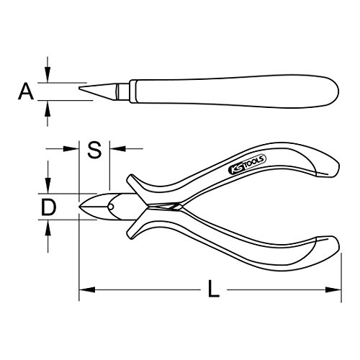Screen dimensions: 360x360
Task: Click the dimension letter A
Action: pos(26,91)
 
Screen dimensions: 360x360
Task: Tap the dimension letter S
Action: pos(93,150)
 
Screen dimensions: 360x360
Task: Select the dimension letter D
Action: pos(48,207)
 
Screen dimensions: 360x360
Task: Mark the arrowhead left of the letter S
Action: pos(73,150)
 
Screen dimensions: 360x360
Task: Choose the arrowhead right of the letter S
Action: pos(113,150)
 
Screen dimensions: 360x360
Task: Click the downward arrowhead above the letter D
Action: pos(48,188)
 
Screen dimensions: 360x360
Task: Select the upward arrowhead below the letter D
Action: pos(48,226)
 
